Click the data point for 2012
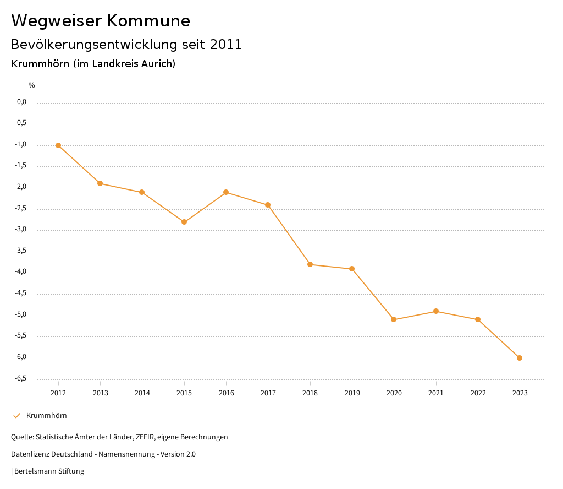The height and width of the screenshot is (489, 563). coord(58,145)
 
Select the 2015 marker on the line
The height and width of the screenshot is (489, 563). coord(184,222)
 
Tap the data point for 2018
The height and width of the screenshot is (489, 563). coord(310,264)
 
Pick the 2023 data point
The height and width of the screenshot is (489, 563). coord(520,358)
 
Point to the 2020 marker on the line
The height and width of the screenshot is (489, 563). coord(394,319)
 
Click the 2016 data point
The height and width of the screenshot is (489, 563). coord(226,192)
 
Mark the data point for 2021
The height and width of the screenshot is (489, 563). coord(436,311)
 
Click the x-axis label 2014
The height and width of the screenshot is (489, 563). coord(142,393)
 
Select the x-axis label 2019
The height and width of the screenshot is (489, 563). coord(352,393)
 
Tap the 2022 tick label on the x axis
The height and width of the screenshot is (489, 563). coord(478,393)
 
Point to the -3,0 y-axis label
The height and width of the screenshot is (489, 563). coord(21,230)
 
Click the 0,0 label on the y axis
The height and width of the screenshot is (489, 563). coord(22,102)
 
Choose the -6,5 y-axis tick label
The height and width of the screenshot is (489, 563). coord(21,378)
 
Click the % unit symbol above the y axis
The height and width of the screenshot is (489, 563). coord(32,85)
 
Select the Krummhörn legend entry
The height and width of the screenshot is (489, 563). coord(46,416)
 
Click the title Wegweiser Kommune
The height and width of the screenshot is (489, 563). coord(101,21)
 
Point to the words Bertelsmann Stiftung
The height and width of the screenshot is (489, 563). coord(49,471)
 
